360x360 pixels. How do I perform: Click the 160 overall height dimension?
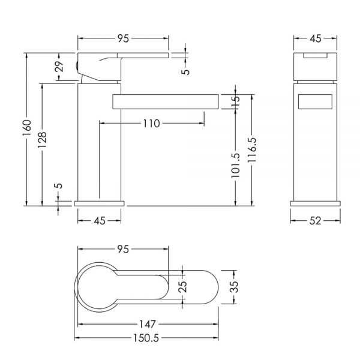click(x=27, y=128)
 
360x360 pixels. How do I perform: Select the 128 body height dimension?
click(x=42, y=140)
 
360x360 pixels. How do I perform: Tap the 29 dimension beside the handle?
click(x=59, y=67)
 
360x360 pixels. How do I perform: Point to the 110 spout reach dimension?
click(x=152, y=124)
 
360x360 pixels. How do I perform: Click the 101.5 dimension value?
click(x=236, y=166)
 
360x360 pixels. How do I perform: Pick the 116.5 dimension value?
click(x=252, y=150)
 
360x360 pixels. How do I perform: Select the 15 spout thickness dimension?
click(x=236, y=101)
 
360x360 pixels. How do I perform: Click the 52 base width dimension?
click(x=315, y=221)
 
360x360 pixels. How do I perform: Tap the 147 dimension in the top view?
click(x=148, y=325)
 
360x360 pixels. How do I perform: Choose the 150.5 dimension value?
click(x=146, y=338)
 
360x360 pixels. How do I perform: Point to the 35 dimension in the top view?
click(x=234, y=287)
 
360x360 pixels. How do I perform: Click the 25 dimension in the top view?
click(x=183, y=287)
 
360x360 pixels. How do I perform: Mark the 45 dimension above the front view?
click(x=316, y=38)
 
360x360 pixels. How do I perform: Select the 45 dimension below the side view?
click(x=100, y=221)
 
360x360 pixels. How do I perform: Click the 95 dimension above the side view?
click(x=123, y=38)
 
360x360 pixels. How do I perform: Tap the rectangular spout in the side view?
click(x=166, y=101)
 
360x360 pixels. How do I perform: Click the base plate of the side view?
click(x=99, y=203)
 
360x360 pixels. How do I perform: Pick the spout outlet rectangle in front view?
click(x=315, y=101)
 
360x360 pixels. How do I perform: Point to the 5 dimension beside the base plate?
click(x=59, y=185)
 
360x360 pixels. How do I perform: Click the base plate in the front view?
click(x=315, y=203)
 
